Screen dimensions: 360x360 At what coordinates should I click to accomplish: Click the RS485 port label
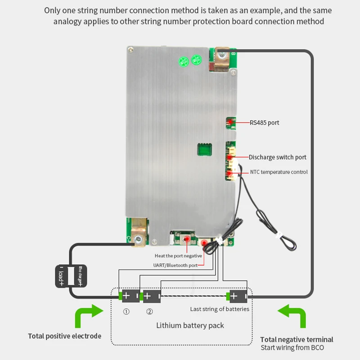coord(265,122)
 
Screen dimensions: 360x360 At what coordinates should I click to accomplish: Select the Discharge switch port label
coord(278,157)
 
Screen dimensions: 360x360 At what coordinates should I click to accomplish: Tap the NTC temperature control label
coord(279,172)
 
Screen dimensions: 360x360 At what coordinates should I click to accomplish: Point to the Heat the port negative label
coord(178,256)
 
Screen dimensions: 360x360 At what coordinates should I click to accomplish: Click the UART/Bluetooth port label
coord(176,265)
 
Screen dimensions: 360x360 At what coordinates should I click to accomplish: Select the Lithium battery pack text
coord(190,325)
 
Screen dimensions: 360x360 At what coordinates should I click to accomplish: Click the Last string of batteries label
coord(220,309)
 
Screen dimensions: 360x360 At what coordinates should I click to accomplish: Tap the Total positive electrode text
coord(65,336)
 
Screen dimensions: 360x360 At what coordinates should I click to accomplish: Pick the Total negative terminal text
coord(297,339)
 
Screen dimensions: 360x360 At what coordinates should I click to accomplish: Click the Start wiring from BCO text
coord(292,348)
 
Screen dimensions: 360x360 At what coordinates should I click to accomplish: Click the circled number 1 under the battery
coord(126,311)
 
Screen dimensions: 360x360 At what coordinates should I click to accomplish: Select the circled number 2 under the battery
coord(149,311)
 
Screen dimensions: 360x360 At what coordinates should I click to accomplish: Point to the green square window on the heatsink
coord(204,149)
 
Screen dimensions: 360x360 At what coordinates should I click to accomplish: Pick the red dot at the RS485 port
coord(230,122)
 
